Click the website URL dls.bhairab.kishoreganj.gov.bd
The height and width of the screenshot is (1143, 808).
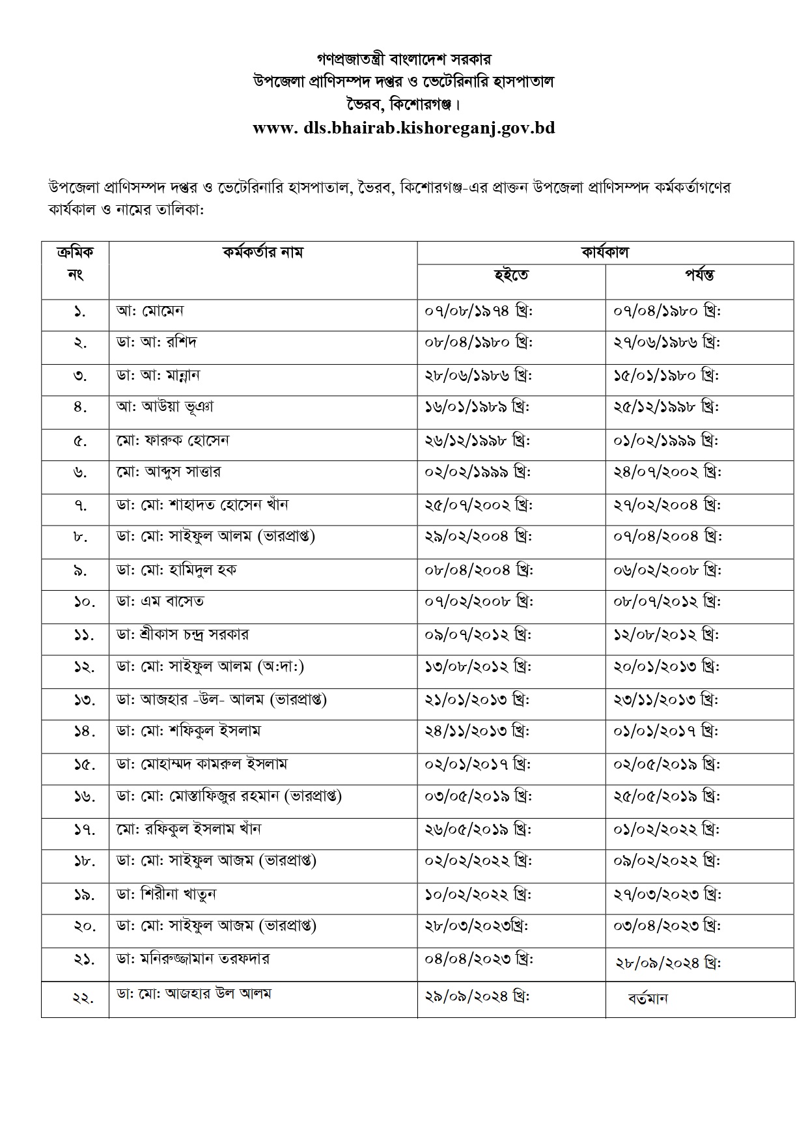tap(404, 128)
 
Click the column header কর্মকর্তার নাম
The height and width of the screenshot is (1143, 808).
tap(262, 252)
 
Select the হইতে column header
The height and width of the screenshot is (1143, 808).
tap(510, 275)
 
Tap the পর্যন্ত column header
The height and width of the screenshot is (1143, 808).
tap(699, 275)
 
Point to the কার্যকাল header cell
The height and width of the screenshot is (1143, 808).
tap(604, 252)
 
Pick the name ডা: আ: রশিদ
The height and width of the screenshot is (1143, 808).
tap(156, 342)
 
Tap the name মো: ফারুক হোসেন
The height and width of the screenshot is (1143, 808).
tap(173, 440)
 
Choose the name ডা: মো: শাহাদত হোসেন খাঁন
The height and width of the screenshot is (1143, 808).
tap(202, 504)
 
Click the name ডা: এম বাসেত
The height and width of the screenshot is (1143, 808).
tap(160, 601)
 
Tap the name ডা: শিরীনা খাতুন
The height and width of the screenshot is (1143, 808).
tap(167, 894)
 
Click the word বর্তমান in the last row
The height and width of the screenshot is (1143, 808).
tap(648, 998)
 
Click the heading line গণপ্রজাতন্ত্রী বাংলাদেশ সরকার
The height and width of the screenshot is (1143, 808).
tap(404, 59)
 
